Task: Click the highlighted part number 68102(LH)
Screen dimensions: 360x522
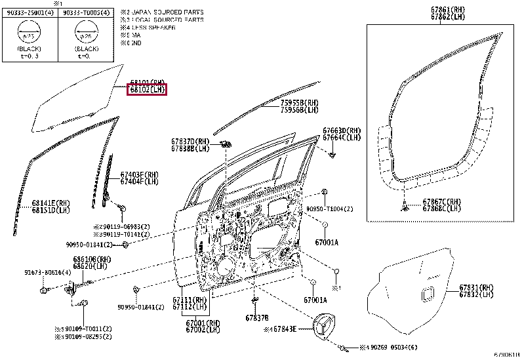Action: tap(147, 90)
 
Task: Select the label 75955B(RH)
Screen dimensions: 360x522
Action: tap(300, 103)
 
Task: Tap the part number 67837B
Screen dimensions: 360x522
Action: tap(257, 317)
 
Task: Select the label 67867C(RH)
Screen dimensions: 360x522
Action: tap(441, 201)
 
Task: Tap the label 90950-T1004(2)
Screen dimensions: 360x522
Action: tap(348, 209)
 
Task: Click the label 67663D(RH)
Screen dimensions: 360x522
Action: tap(342, 130)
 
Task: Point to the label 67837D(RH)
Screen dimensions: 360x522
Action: tap(190, 142)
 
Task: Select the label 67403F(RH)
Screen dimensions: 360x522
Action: tap(139, 174)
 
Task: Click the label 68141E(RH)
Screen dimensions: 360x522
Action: tap(50, 203)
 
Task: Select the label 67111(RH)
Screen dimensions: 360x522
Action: tap(190, 300)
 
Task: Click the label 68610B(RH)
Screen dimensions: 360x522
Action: tap(92, 259)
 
